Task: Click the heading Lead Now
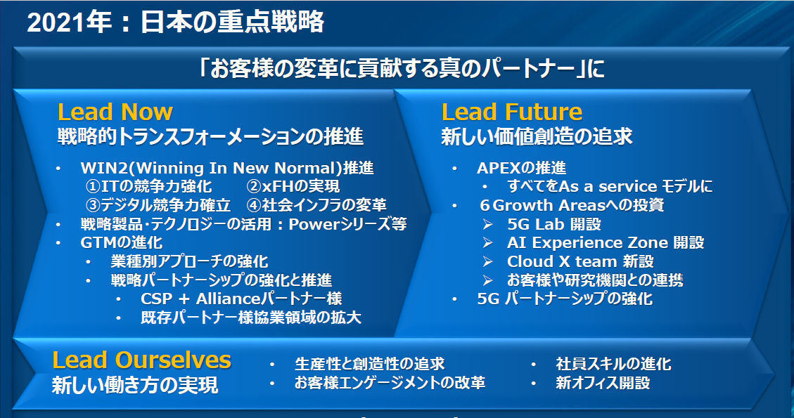[x=115, y=112]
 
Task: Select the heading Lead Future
[x=512, y=112]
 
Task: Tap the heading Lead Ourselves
[x=142, y=360]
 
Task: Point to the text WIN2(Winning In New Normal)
[x=212, y=167]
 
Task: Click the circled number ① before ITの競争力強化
[x=93, y=186]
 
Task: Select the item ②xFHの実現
[x=293, y=186]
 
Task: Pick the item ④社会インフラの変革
[x=316, y=205]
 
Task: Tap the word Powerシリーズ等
[x=347, y=223]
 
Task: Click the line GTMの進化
[x=122, y=242]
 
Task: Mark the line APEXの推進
[x=522, y=167]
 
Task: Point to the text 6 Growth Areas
[x=542, y=205]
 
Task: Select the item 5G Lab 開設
[x=554, y=223]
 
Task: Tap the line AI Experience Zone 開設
[x=606, y=242]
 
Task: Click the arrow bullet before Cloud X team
[x=487, y=261]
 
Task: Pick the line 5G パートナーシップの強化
[x=565, y=299]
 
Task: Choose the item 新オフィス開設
[x=603, y=383]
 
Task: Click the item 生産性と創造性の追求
[x=370, y=363]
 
